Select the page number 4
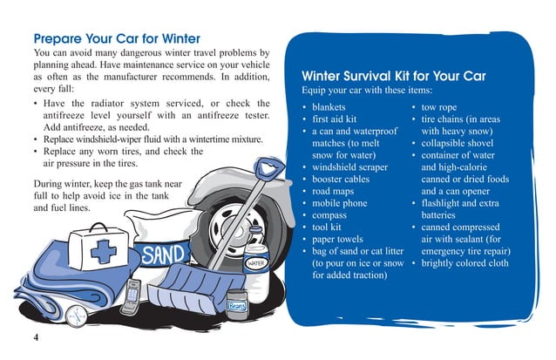coord(37,338)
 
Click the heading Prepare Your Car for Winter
coord(116,39)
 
